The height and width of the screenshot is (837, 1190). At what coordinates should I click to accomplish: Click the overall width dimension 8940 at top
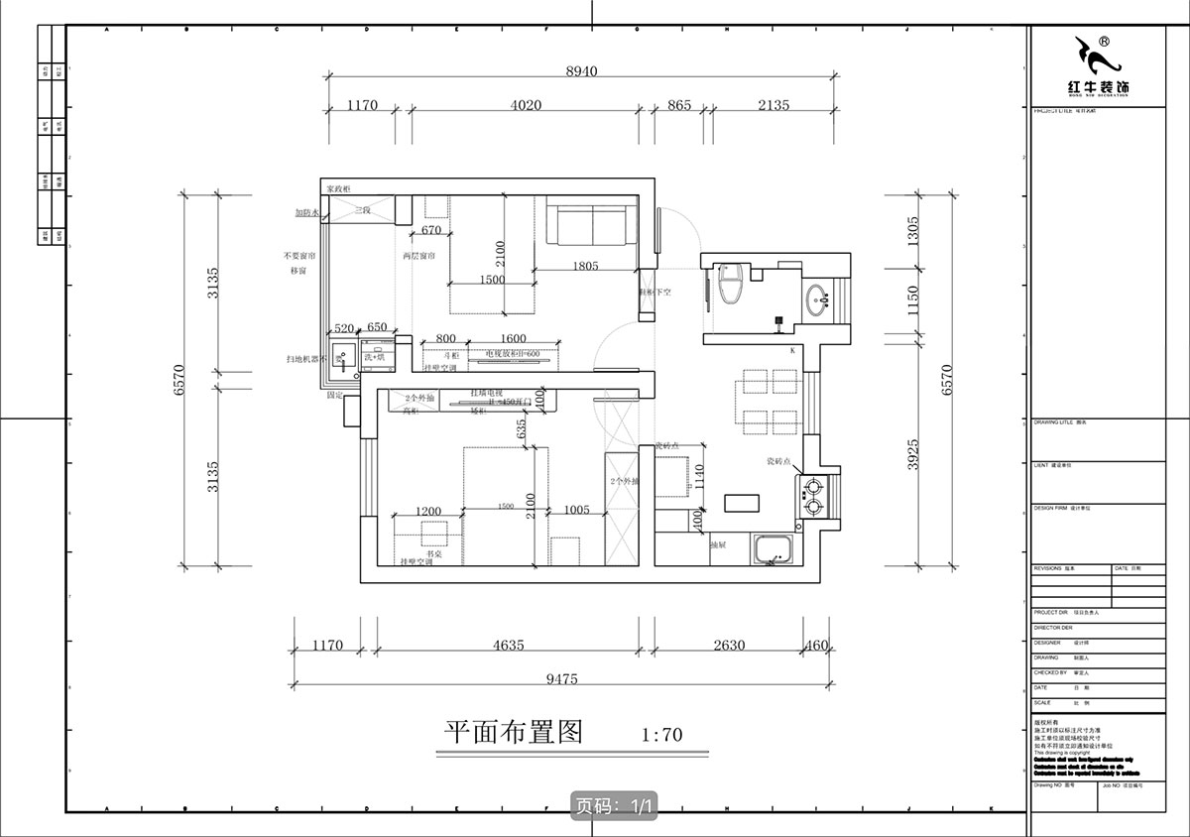pos(584,70)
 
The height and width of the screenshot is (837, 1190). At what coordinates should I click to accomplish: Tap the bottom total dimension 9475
pos(561,679)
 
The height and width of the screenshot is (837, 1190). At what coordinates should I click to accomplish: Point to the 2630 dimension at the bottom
pos(729,646)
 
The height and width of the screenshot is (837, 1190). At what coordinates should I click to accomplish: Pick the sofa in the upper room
pos(592,225)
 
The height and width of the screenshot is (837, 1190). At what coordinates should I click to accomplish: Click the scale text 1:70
pos(661,736)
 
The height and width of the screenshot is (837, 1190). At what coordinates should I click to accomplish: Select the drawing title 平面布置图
pos(511,732)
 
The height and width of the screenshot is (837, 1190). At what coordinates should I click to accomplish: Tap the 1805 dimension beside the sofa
pos(586,266)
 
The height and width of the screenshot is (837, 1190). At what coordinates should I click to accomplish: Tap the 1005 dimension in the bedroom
pos(576,510)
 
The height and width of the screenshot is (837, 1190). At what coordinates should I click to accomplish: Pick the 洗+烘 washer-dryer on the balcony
pos(375,356)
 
